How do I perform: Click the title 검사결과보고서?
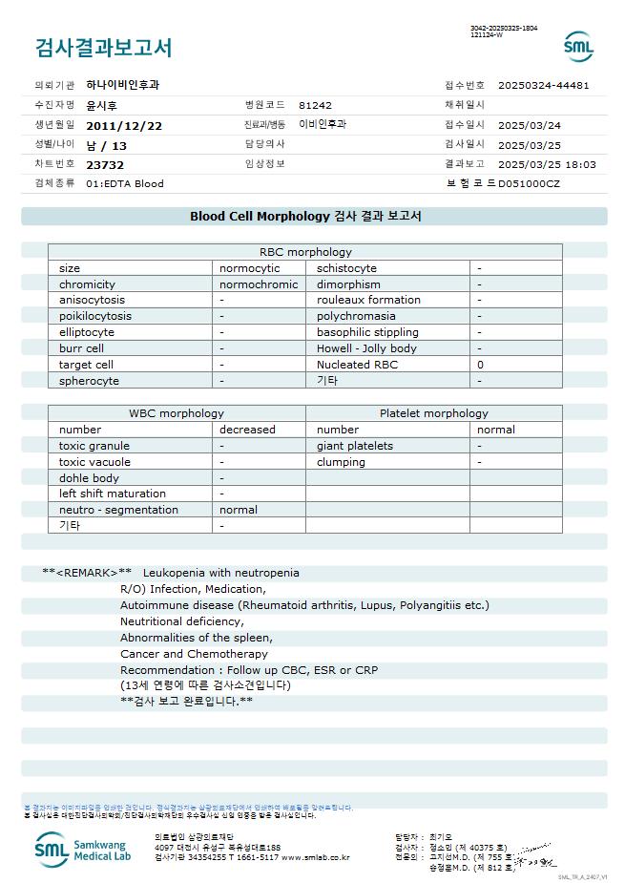tap(103, 47)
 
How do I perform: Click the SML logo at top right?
tap(577, 46)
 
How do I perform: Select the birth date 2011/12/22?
tap(124, 125)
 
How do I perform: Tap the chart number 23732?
tap(105, 164)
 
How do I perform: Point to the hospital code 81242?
tap(315, 105)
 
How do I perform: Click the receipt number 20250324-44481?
tap(543, 85)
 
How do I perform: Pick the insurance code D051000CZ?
tap(529, 183)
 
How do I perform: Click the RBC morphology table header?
tap(305, 252)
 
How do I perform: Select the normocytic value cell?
tap(250, 268)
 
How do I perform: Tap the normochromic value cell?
tap(259, 284)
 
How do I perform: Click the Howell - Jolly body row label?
tap(366, 348)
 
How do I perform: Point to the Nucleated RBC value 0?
tap(481, 365)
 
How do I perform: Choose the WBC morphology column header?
tap(177, 413)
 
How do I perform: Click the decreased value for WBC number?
tap(247, 430)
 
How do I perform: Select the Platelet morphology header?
tap(433, 413)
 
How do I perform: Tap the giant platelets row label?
tap(355, 446)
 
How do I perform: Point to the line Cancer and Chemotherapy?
tap(194, 654)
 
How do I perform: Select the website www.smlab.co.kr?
tap(316, 857)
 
